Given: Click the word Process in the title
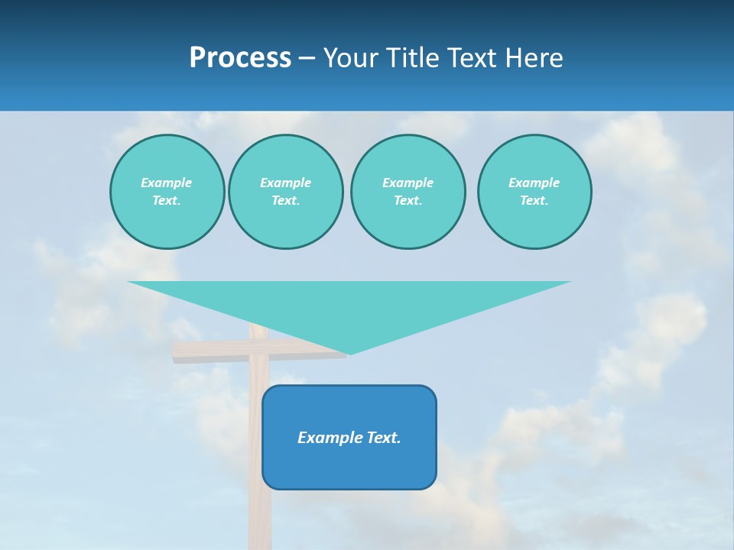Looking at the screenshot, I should click(x=240, y=58).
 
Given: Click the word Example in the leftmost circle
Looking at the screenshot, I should click(x=167, y=183).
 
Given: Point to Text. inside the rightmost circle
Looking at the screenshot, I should click(x=534, y=200).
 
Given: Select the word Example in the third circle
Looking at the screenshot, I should click(x=408, y=183).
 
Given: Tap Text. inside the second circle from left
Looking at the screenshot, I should click(x=285, y=200).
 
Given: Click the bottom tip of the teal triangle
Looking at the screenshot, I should click(x=350, y=352).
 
